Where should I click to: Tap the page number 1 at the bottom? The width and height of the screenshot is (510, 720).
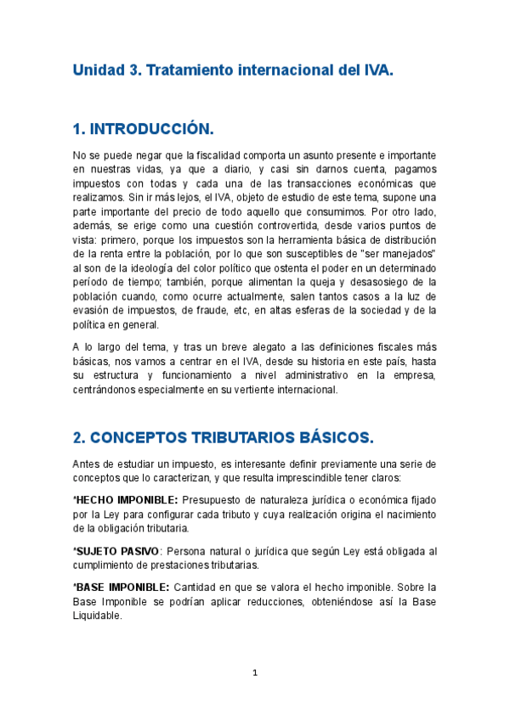click(x=254, y=673)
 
